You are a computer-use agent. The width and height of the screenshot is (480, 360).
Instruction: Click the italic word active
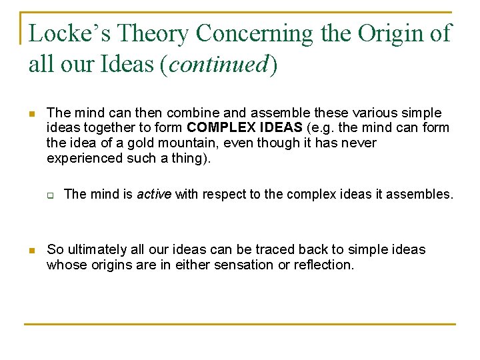pos(154,194)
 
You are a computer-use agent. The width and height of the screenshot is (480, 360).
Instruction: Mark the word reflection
pos(324,265)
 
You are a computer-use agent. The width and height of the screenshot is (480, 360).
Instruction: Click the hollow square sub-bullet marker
pos(50,195)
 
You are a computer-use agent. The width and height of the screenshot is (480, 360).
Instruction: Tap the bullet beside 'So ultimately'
pos(30,251)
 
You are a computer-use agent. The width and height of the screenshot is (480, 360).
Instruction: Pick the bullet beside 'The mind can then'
pos(30,114)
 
